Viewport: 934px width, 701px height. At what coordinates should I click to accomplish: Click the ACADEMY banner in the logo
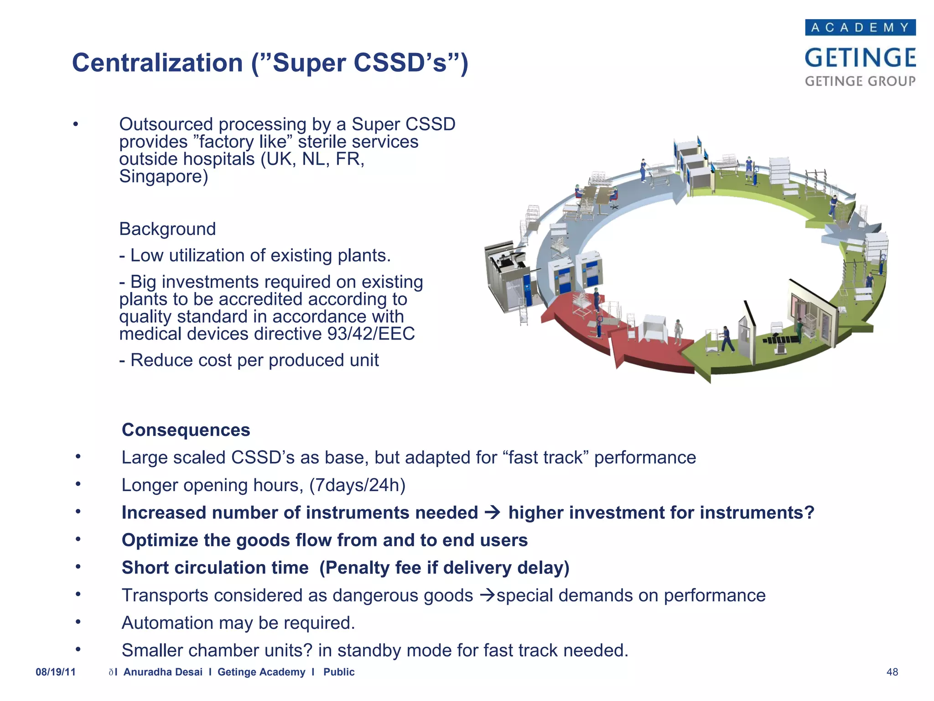[860, 27]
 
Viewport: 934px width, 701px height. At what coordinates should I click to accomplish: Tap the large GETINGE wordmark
[860, 58]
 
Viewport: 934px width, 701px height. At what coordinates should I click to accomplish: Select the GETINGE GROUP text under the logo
[860, 81]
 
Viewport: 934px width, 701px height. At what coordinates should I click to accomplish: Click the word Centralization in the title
[157, 63]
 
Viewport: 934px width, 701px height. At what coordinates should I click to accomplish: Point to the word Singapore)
[163, 176]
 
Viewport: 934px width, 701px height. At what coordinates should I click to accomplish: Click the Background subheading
[167, 229]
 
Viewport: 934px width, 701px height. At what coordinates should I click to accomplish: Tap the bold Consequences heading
[186, 430]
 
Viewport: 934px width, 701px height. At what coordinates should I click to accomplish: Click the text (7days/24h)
[357, 485]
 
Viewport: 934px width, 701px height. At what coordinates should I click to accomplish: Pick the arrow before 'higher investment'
[493, 513]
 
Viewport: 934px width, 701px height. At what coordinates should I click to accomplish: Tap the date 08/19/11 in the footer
[56, 672]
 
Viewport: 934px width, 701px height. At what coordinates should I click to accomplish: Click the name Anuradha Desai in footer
[163, 672]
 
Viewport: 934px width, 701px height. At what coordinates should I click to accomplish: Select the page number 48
[892, 672]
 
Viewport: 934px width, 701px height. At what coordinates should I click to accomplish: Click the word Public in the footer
[339, 672]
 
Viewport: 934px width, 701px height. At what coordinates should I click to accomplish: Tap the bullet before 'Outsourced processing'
[76, 124]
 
